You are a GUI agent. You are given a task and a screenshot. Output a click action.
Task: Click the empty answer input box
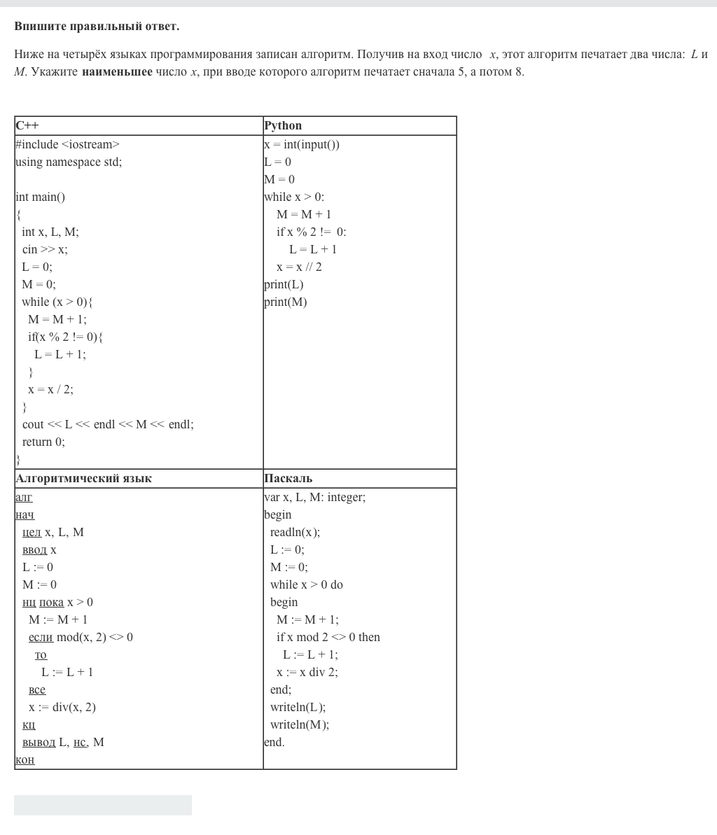pyautogui.click(x=103, y=805)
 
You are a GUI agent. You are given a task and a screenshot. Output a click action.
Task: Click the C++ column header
pyautogui.click(x=27, y=126)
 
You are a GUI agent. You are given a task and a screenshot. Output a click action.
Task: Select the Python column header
pyautogui.click(x=283, y=126)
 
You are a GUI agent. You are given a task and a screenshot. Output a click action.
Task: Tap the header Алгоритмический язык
pyautogui.click(x=83, y=479)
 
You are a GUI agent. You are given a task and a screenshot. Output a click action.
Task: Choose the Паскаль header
pyautogui.click(x=288, y=479)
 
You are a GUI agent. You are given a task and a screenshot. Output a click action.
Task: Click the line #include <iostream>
pyautogui.click(x=67, y=145)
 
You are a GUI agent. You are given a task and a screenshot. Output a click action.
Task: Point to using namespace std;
pyautogui.click(x=69, y=162)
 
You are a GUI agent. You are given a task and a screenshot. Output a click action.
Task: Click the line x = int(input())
pyautogui.click(x=302, y=145)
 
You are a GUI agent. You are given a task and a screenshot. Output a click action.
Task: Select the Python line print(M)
pyautogui.click(x=285, y=302)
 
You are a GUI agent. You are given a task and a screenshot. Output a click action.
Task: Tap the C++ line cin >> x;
pyautogui.click(x=45, y=250)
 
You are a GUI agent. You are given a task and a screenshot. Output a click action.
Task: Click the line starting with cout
pyautogui.click(x=108, y=425)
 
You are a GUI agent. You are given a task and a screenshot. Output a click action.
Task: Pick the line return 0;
pyautogui.click(x=43, y=442)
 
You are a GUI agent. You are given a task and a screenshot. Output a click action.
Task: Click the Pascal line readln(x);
pyautogui.click(x=295, y=533)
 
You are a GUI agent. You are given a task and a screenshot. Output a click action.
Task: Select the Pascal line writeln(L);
pyautogui.click(x=298, y=708)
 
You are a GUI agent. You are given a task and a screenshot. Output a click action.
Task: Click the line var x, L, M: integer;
pyautogui.click(x=314, y=498)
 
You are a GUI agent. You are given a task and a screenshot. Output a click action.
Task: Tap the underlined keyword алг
pyautogui.click(x=24, y=498)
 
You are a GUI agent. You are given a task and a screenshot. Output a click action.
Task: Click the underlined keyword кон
pyautogui.click(x=25, y=760)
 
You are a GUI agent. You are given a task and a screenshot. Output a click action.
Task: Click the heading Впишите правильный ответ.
pyautogui.click(x=97, y=27)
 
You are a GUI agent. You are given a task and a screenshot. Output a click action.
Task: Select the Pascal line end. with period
pyautogui.click(x=274, y=743)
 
